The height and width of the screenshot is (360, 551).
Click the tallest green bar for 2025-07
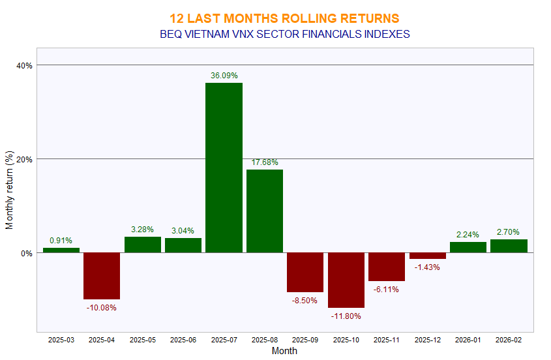224,168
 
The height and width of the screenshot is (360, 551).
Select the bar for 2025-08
265,211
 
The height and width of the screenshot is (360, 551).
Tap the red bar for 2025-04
102,276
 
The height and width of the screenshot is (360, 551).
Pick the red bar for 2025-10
346,280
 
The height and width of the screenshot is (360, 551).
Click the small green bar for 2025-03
61,250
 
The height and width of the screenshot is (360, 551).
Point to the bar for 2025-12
427,256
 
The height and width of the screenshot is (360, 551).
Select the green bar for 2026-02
509,246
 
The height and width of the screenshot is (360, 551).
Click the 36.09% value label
224,76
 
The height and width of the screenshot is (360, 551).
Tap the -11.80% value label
346,316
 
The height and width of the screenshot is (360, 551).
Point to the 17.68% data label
265,162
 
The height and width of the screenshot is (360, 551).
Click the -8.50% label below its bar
305,300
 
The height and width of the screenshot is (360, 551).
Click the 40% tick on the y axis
25,65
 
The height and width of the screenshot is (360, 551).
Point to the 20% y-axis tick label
25,159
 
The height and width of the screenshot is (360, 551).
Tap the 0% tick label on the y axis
27,253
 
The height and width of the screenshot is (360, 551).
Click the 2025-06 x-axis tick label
183,340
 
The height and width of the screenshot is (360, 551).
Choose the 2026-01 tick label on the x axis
468,340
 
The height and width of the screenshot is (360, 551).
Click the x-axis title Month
284,351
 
